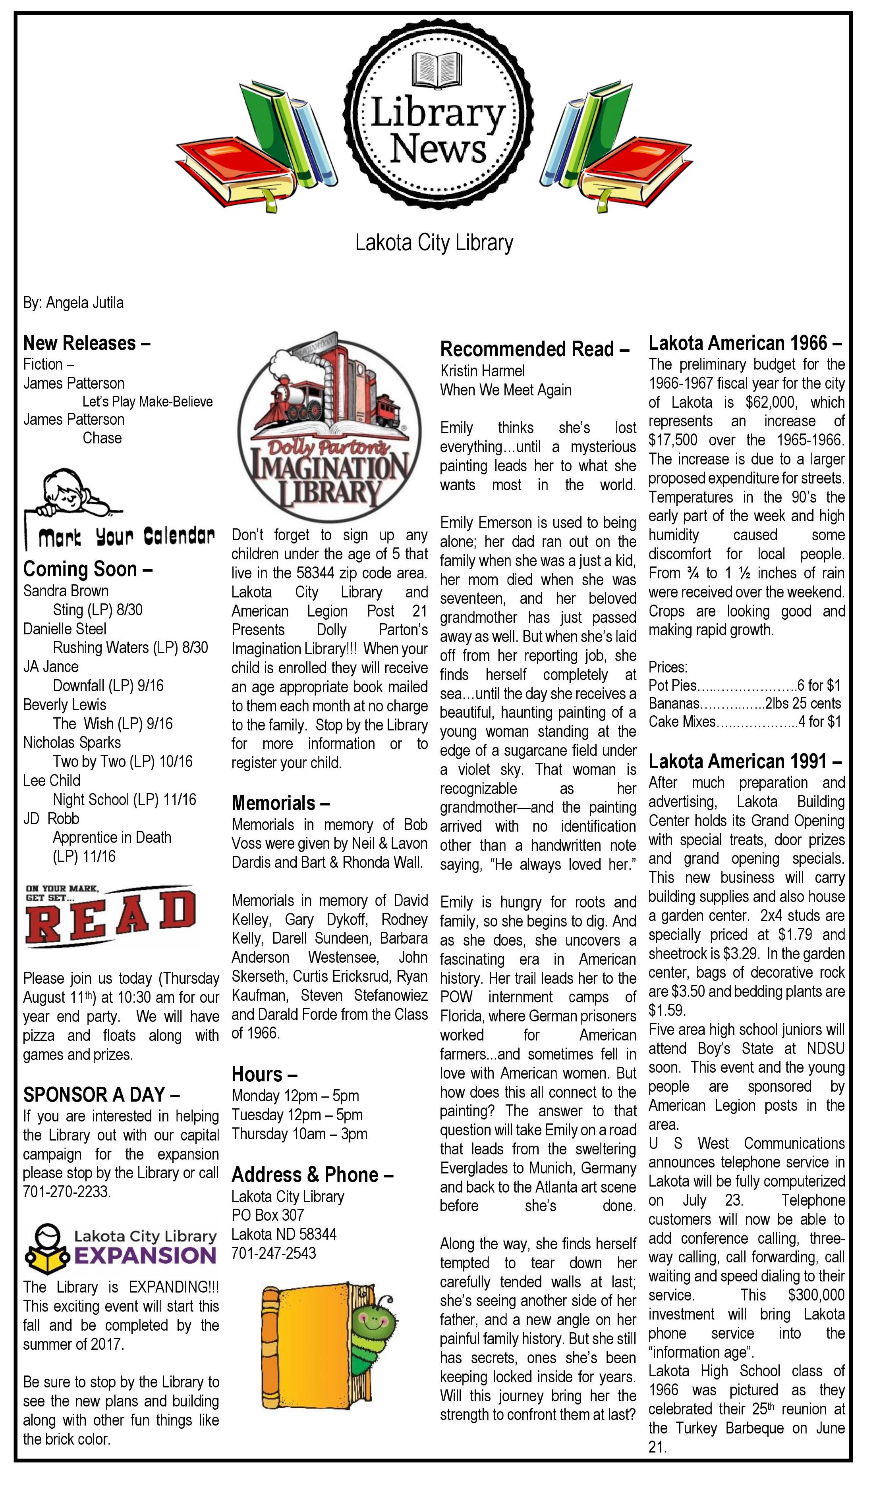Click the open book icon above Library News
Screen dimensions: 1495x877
(436, 69)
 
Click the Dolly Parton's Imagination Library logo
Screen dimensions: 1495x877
(330, 427)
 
